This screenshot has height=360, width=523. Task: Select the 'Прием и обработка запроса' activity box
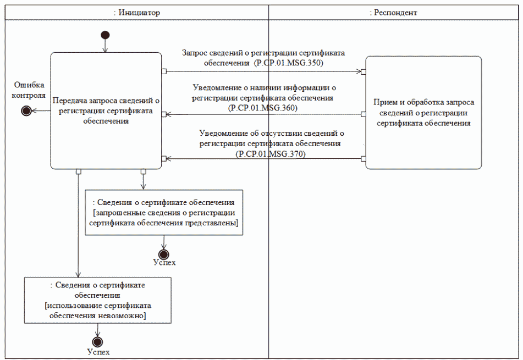(x=423, y=112)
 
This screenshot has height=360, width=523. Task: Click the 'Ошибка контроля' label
(x=29, y=90)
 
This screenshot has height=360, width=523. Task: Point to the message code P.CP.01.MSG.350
(x=288, y=63)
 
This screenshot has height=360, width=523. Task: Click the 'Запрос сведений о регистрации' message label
(x=263, y=53)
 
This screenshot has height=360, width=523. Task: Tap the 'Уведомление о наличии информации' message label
(x=264, y=87)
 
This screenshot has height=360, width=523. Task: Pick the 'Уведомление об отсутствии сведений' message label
(x=271, y=133)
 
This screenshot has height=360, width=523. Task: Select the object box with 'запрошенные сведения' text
(x=164, y=213)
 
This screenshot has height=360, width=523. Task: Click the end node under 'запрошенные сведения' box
(x=163, y=253)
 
